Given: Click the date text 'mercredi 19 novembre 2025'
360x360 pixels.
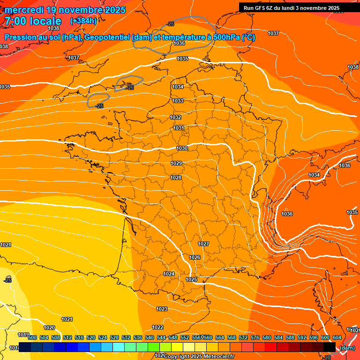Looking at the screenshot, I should click(65, 10).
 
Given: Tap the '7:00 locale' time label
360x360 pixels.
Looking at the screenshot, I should click(33, 21).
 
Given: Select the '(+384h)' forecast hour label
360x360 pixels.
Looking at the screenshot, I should click(83, 21).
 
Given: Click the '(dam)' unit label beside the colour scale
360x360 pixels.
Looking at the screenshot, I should click(347, 348).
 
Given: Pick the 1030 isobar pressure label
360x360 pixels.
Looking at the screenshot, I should click(182, 149).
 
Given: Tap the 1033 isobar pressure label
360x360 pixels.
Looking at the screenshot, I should click(178, 101).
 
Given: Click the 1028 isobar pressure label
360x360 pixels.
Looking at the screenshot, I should click(176, 178).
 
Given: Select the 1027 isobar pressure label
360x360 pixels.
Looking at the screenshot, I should click(203, 244).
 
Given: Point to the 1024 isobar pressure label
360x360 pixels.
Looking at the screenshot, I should click(169, 274).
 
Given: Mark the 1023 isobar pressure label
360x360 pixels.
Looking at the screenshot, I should click(162, 309).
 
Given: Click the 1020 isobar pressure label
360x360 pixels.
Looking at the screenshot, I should click(49, 328).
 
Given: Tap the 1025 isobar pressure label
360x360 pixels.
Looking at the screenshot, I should click(191, 280).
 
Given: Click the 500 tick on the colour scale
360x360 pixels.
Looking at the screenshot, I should click(32, 338).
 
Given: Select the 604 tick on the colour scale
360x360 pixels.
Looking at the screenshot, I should click(337, 338).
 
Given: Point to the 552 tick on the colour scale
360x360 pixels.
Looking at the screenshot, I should click(185, 338).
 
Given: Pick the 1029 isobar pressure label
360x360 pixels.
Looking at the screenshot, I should click(176, 164).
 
